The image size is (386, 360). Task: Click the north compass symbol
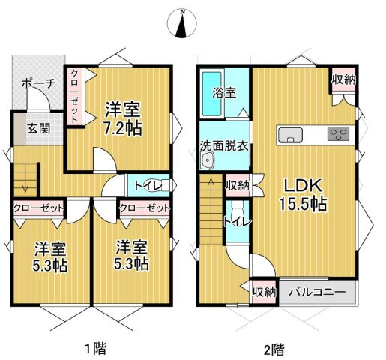pyautogui.click(x=181, y=23)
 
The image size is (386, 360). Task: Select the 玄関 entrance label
pyautogui.click(x=39, y=128)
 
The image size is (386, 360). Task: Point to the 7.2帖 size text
pyautogui.click(x=124, y=127)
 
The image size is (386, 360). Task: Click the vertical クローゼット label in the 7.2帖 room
pyautogui.click(x=76, y=95)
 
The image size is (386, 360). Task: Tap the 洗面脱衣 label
pyautogui.click(x=224, y=146)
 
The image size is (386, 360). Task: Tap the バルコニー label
pyautogui.click(x=317, y=291)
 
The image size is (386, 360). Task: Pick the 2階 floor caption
pyautogui.click(x=274, y=347)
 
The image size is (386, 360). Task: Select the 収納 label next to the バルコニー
pyautogui.click(x=264, y=291)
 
